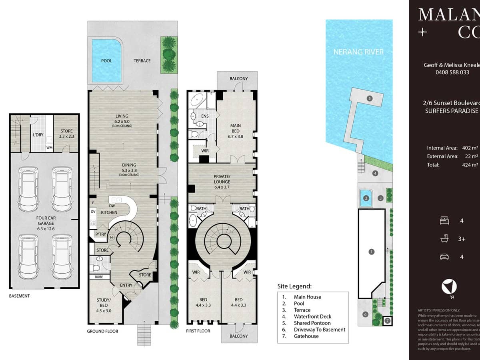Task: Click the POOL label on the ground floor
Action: coord(106,61)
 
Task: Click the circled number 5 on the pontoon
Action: coord(370,98)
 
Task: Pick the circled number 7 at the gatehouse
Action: coord(387,321)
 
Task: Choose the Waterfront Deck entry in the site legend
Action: coord(312,316)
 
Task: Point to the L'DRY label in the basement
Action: coord(38,135)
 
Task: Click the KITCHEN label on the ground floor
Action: coord(109,212)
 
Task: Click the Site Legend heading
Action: coord(294,286)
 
